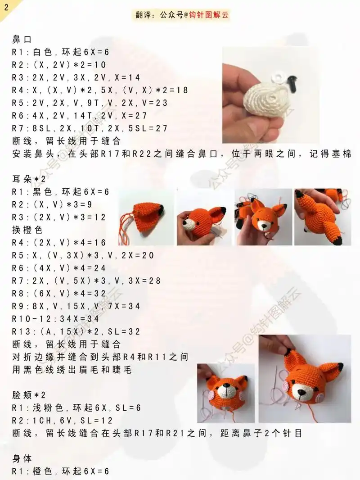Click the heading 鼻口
coord(22,40)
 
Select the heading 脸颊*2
coord(29,395)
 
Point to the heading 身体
coord(22,458)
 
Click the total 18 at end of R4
coord(182,90)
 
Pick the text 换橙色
coord(27,230)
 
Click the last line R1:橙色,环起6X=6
coord(61,471)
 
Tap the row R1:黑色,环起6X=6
coord(61,192)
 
